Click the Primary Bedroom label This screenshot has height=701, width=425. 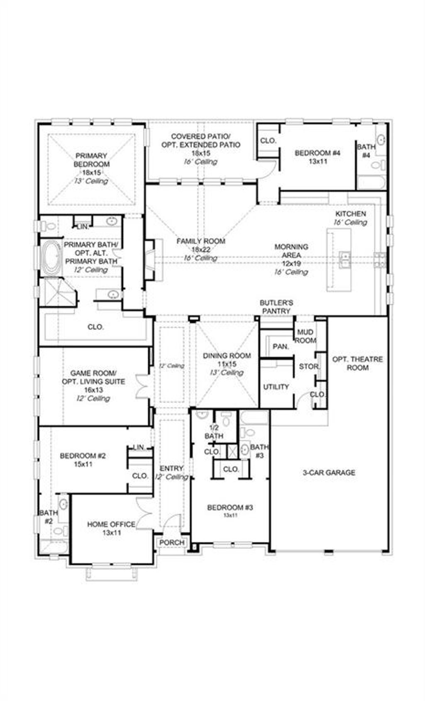click(x=92, y=160)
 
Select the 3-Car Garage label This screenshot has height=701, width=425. click(x=328, y=472)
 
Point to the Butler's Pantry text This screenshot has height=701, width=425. click(x=276, y=306)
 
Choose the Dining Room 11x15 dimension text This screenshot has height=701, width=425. click(x=227, y=364)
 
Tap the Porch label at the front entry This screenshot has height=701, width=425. click(x=172, y=542)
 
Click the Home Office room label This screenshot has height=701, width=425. click(x=111, y=525)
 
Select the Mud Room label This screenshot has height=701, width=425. click(x=305, y=336)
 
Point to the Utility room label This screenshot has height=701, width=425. click(x=276, y=387)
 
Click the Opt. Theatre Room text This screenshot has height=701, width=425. click(x=357, y=363)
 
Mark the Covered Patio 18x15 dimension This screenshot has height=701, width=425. click(x=201, y=153)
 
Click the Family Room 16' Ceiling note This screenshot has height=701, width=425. click(x=201, y=258)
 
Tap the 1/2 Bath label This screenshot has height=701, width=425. click(x=214, y=432)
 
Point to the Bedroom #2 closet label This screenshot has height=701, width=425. click(x=140, y=476)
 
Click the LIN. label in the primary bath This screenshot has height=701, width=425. click(x=83, y=227)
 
